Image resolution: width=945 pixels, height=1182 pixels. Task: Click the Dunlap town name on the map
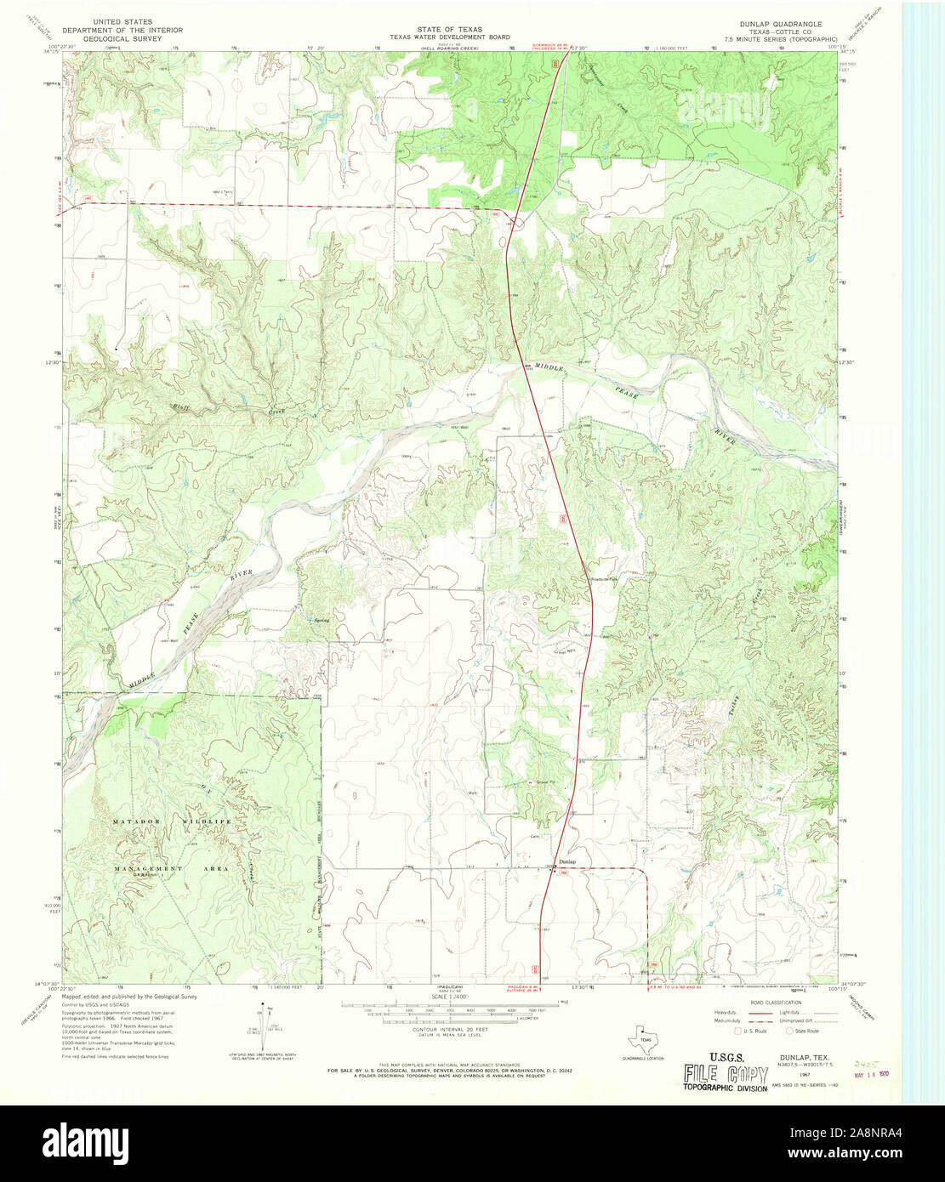coord(567,861)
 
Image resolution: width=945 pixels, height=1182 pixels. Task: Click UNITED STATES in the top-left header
coord(122,21)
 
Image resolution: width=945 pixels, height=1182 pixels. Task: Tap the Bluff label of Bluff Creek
coord(180,407)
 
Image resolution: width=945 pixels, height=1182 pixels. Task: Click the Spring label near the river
coord(322,620)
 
